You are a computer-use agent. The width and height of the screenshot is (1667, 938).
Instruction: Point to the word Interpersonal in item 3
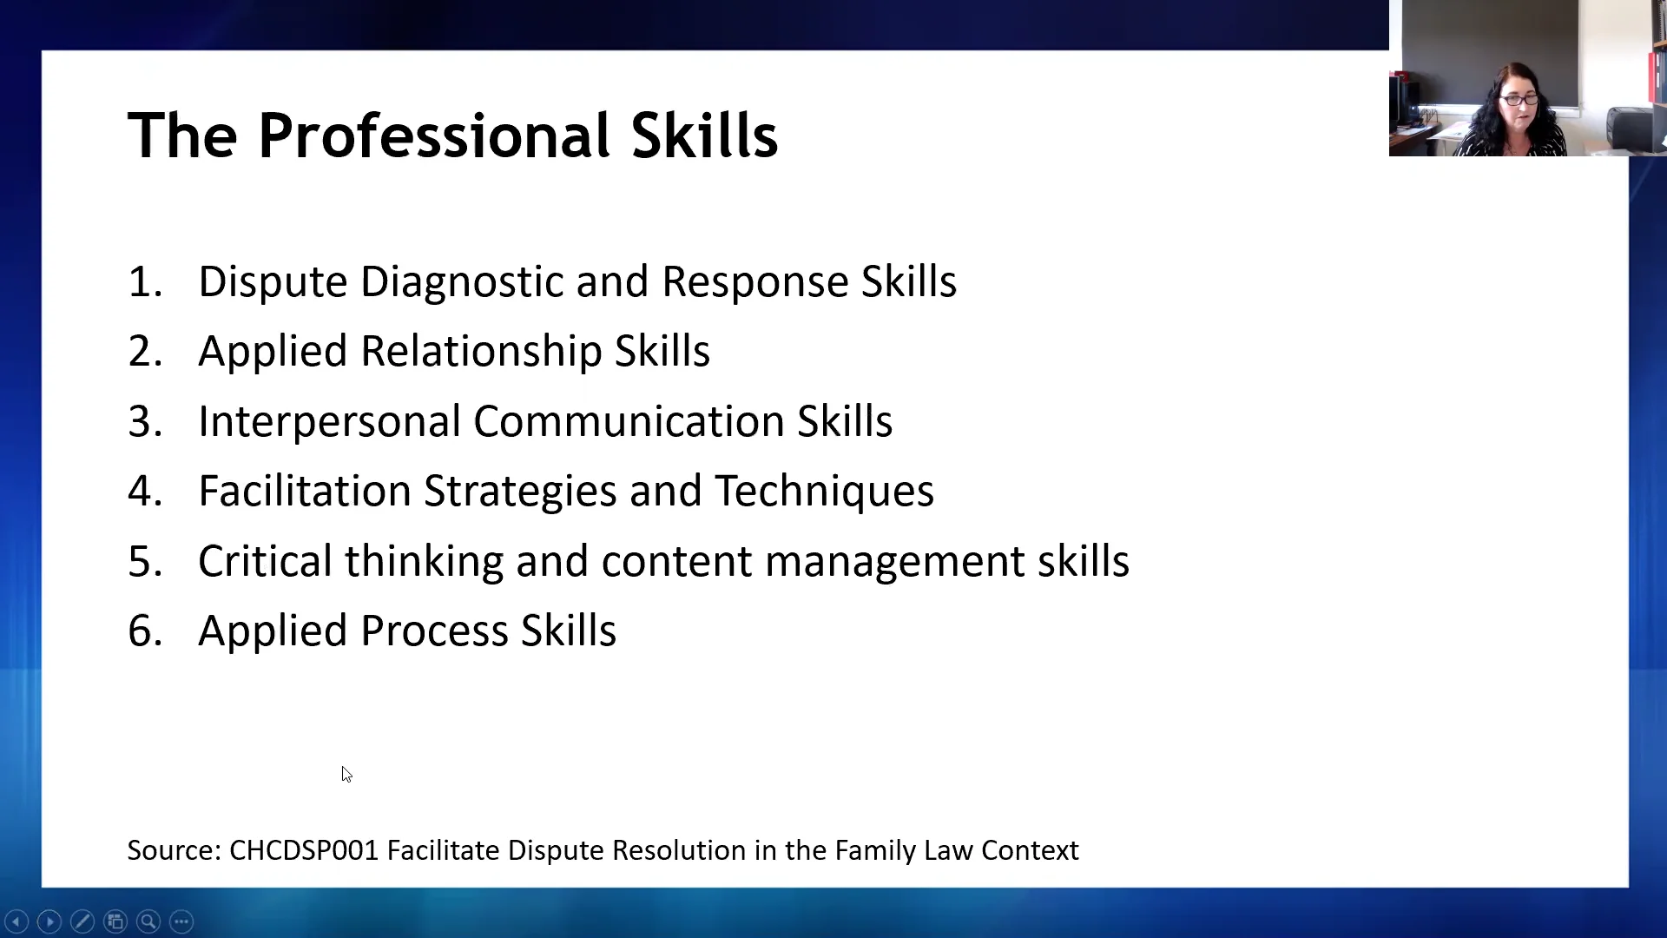(329, 422)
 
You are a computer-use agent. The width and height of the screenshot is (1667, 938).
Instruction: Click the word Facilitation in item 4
(304, 492)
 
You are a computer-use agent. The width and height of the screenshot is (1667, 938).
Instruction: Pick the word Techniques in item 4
(824, 492)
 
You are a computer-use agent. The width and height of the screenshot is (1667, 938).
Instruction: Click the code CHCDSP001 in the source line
(304, 850)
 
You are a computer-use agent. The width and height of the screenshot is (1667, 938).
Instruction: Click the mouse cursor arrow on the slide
(346, 774)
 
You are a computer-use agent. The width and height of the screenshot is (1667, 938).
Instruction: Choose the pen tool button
(82, 921)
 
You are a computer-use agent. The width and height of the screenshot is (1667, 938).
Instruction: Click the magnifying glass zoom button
(148, 921)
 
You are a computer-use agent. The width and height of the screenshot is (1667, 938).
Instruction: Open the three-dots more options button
(181, 921)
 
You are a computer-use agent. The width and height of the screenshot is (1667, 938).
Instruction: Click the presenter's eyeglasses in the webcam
(1519, 101)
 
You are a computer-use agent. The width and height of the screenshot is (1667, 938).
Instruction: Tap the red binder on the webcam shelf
(1652, 78)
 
